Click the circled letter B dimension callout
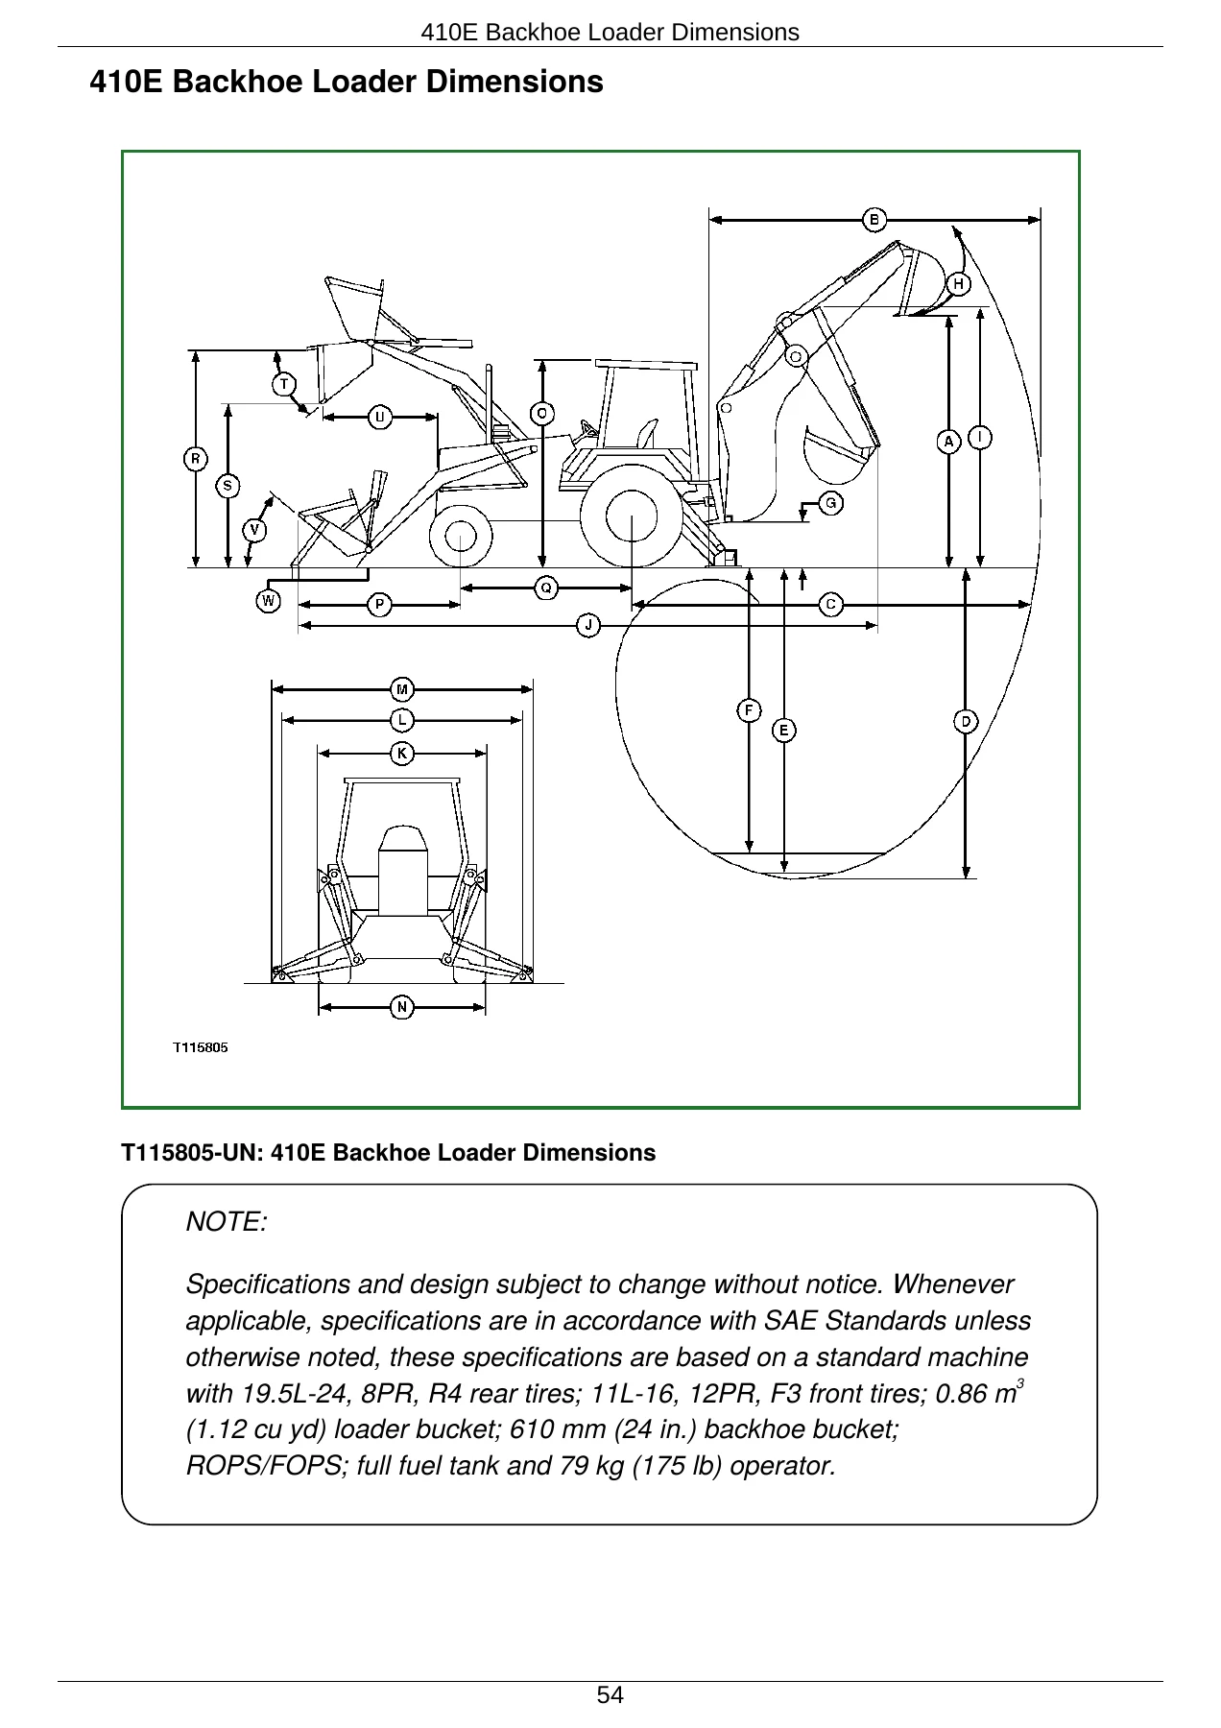click(x=874, y=220)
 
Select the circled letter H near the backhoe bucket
click(x=958, y=284)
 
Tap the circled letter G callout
click(x=831, y=502)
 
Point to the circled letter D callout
click(x=966, y=721)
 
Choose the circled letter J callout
click(x=588, y=626)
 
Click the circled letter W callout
click(x=269, y=601)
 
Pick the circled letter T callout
click(x=284, y=385)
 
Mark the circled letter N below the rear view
click(x=402, y=1007)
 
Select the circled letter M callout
click(x=402, y=689)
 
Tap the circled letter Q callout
click(x=546, y=588)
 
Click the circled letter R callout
click(x=196, y=459)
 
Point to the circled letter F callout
click(x=749, y=709)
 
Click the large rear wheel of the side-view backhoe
click(x=632, y=516)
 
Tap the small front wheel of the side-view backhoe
click(x=461, y=536)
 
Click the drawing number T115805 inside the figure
click(x=201, y=1047)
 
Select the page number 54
click(x=610, y=1695)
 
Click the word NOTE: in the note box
click(x=227, y=1222)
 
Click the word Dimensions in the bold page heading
click(x=515, y=82)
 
